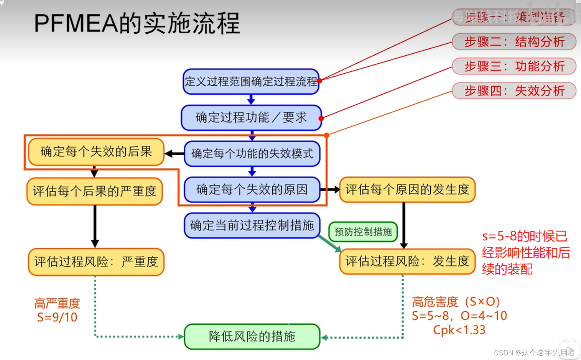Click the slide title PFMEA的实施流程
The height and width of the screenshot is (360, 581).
137,23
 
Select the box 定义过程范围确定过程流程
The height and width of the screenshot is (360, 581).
251,82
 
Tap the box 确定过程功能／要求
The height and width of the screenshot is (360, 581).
251,118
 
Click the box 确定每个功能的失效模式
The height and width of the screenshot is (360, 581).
252,154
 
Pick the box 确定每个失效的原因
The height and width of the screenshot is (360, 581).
252,189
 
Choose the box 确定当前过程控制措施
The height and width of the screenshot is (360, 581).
252,225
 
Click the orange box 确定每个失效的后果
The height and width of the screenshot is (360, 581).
96,152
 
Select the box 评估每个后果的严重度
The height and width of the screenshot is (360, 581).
95,191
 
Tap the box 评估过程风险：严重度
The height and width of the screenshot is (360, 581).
96,262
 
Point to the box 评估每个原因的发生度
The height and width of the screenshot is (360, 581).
407,189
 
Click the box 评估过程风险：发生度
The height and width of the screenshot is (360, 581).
407,261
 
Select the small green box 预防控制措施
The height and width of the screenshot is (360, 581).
363,232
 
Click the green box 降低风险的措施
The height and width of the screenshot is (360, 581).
252,337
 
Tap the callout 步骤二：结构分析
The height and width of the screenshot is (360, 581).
514,42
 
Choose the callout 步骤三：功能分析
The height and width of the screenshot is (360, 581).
514,66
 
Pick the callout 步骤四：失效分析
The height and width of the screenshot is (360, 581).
514,91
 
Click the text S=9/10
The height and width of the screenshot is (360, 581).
57,317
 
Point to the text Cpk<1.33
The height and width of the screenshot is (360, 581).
459,330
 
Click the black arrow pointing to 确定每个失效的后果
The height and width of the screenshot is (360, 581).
174,154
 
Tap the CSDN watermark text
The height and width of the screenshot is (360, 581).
534,353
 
